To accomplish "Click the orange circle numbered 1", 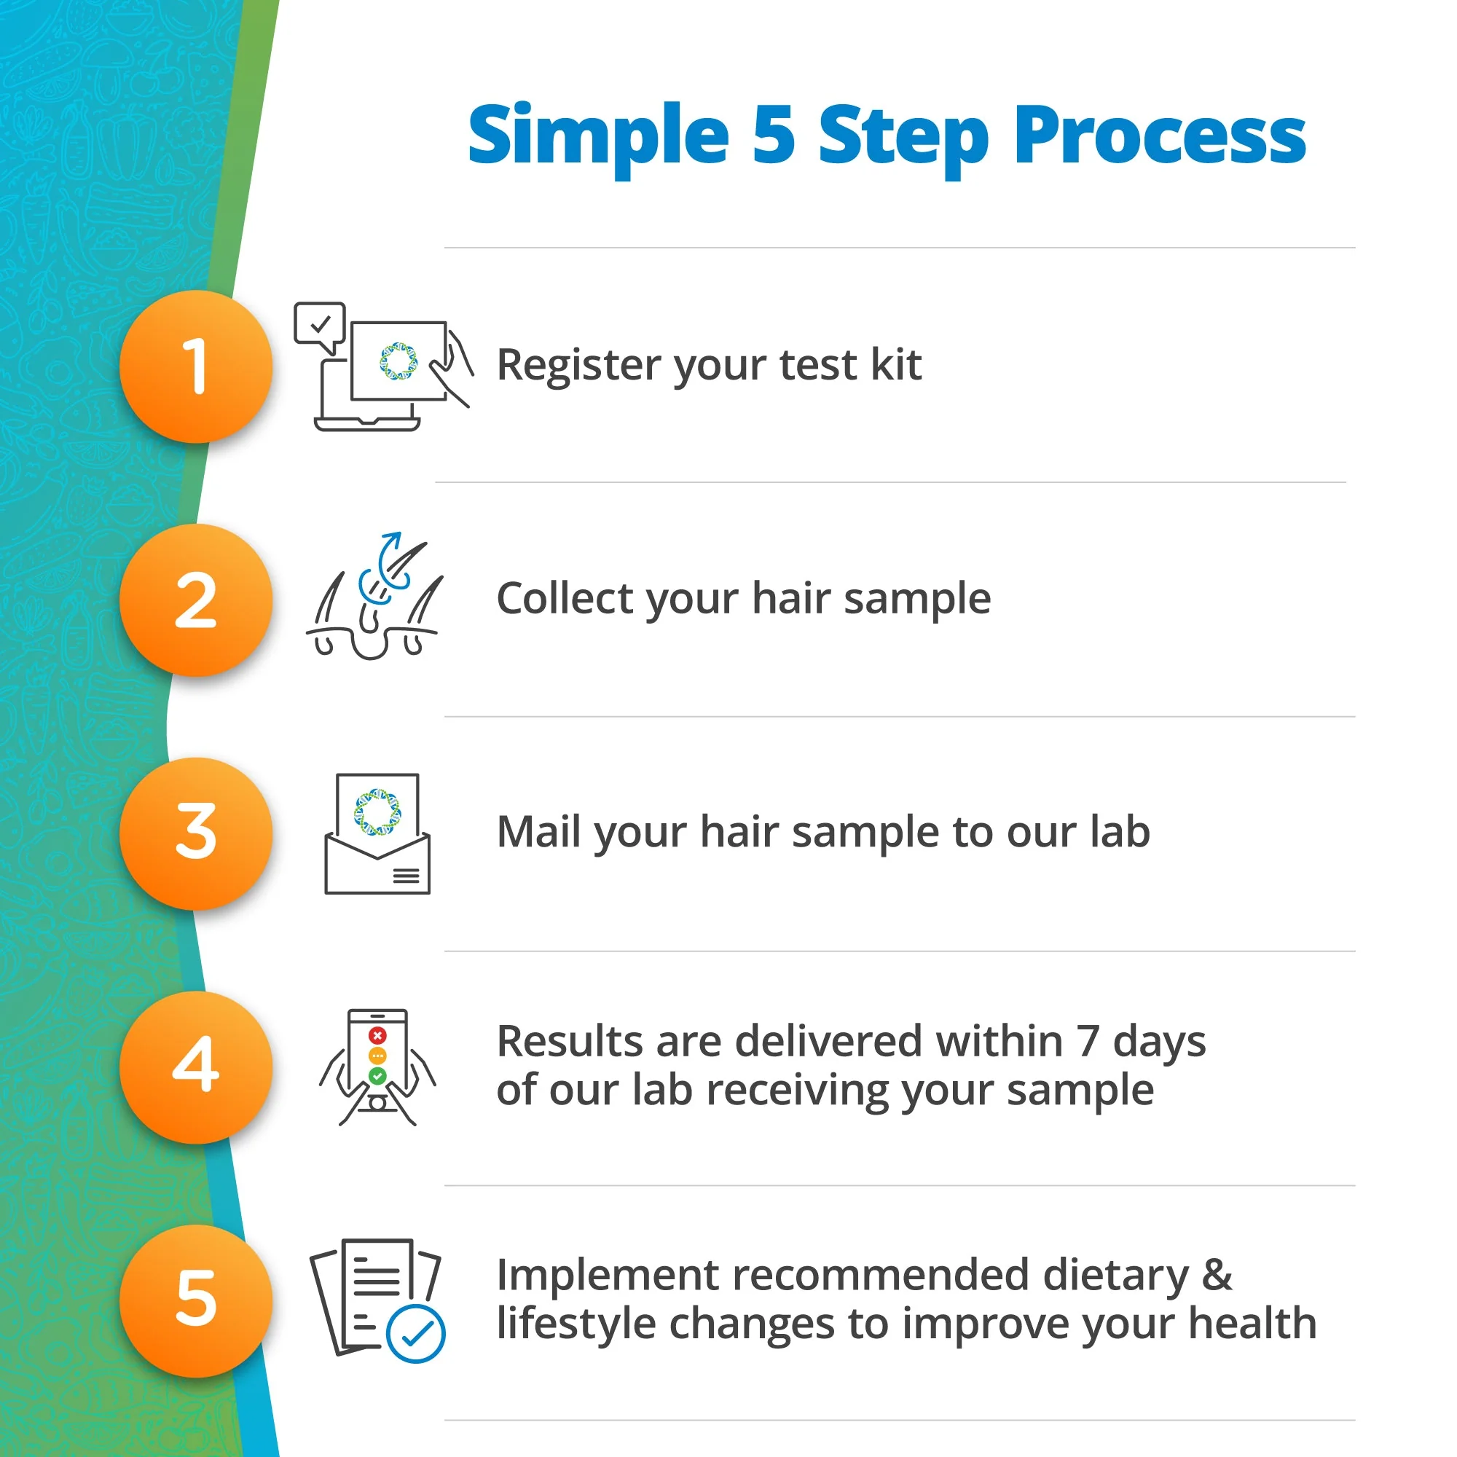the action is (x=196, y=366).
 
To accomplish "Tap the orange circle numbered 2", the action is (x=196, y=600).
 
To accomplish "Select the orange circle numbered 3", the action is (x=196, y=834).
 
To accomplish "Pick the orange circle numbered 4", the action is (x=196, y=1068).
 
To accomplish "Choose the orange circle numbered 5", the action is (x=196, y=1302).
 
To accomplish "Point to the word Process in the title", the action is (x=1160, y=136).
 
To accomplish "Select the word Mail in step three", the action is (x=539, y=833).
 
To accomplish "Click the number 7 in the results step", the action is (x=1088, y=1042).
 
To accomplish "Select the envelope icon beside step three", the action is (x=378, y=834).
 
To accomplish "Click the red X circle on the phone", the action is (x=378, y=1035).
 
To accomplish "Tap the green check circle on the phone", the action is (x=378, y=1076).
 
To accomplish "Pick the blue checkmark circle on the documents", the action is (x=415, y=1333).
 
